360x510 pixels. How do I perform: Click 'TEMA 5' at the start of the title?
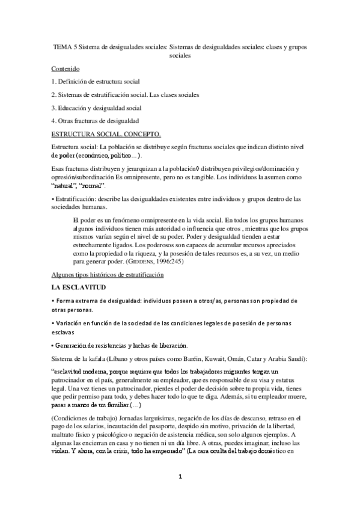click(x=64, y=45)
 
